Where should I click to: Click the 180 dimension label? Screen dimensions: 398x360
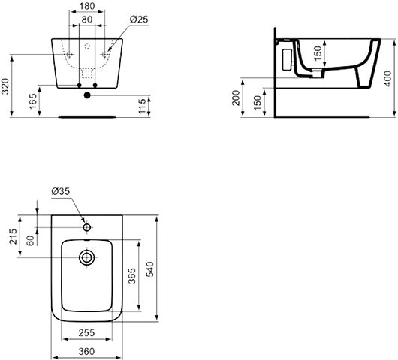[x=87, y=6]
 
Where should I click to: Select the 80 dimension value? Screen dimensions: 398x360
[x=87, y=19]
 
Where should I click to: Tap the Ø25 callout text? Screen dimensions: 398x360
[x=139, y=19]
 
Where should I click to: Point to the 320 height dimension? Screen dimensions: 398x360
[x=5, y=86]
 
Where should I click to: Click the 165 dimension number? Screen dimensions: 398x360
[x=33, y=101]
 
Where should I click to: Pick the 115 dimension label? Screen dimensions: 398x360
[x=143, y=106]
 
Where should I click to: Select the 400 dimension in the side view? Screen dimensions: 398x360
[x=387, y=79]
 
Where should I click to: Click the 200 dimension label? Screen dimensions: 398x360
[x=236, y=97]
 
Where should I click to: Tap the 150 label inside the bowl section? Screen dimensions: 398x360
[x=318, y=53]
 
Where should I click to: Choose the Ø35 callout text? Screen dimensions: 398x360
[x=60, y=191]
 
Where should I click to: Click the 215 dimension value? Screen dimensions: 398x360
[x=13, y=236]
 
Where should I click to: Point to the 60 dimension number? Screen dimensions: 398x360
[x=30, y=240]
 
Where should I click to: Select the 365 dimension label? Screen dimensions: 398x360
[x=131, y=275]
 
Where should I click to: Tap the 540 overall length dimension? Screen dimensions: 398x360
[x=149, y=269]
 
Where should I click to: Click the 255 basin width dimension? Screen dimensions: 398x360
[x=86, y=332]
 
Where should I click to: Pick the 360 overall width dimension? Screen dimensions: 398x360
[x=86, y=352]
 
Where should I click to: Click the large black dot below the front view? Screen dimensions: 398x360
[x=87, y=95]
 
